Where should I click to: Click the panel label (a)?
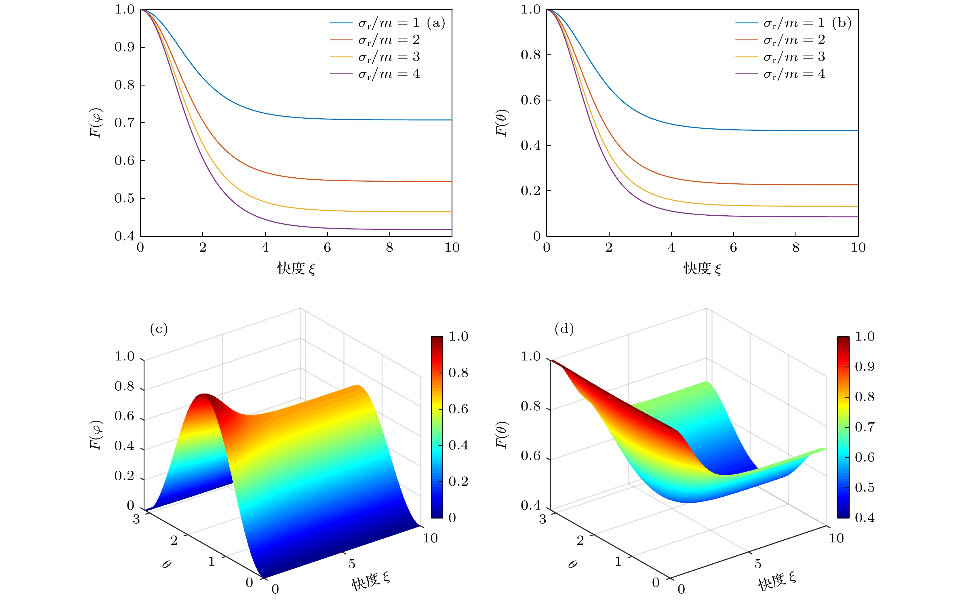436,23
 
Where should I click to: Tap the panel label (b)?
842,23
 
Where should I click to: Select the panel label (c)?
159,329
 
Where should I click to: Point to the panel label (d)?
564,329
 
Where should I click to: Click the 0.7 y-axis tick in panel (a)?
124,123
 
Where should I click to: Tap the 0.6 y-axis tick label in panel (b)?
530,100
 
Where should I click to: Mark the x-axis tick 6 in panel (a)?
327,248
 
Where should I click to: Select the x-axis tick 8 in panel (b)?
795,248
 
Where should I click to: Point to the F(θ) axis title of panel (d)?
502,434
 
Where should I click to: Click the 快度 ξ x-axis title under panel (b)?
702,269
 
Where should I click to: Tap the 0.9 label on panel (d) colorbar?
865,366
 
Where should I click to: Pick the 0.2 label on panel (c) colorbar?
458,481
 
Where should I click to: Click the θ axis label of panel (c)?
167,564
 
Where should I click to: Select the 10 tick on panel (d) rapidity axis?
836,538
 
